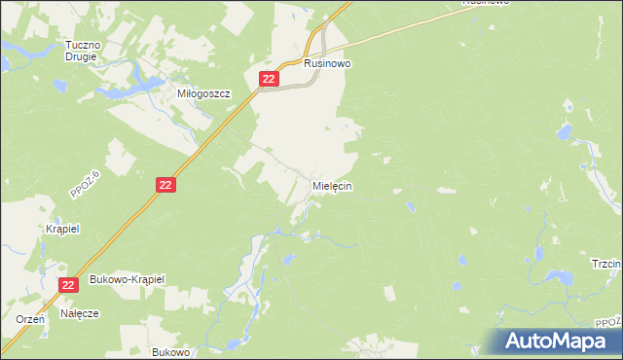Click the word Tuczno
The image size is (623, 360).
(x=83, y=45)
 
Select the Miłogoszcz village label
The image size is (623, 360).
(x=202, y=94)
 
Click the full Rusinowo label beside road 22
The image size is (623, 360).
(x=327, y=63)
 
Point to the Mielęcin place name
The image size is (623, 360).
(x=332, y=185)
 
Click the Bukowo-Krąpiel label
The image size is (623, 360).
(x=128, y=279)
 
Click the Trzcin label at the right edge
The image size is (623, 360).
(x=607, y=264)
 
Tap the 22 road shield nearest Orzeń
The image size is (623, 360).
(x=67, y=284)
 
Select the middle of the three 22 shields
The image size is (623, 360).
(x=166, y=184)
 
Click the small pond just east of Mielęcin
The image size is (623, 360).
(x=411, y=206)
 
